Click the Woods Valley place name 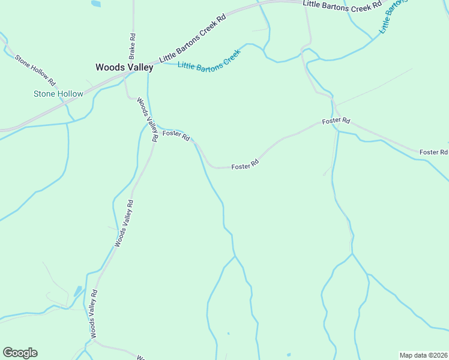pos(124,68)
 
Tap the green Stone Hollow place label pos(58,94)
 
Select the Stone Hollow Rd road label pos(35,70)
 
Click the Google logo pos(20,353)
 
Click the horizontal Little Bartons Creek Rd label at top pos(342,4)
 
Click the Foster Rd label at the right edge pos(433,152)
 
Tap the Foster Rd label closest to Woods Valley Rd pos(176,136)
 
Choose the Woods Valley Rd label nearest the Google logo pos(93,314)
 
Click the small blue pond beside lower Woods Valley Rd pos(77,291)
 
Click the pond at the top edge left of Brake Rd pos(95,4)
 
